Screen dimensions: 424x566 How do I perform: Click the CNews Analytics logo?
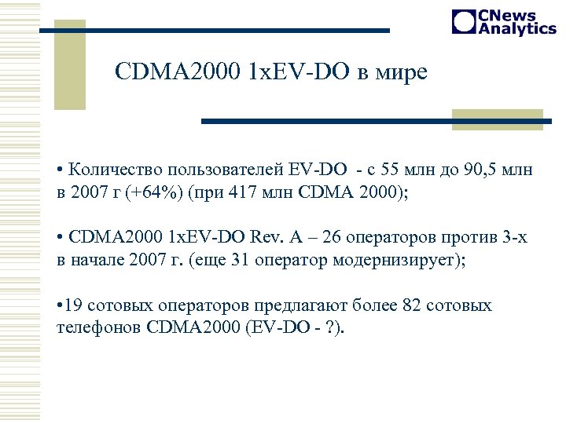[504, 22]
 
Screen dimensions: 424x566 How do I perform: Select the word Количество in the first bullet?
[111, 169]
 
